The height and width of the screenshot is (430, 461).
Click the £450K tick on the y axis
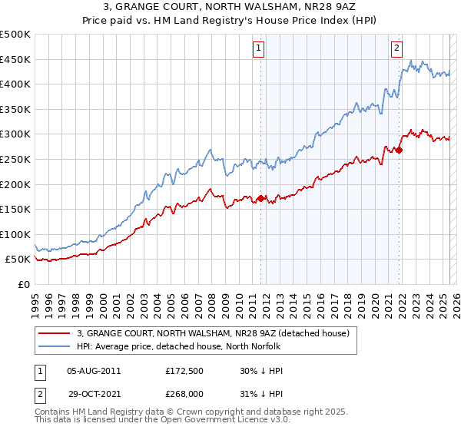15,59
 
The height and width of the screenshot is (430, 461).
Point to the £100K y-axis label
15,234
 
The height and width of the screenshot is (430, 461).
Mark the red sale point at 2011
261,199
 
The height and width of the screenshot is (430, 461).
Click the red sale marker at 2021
400,150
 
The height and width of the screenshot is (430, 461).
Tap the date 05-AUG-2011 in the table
94,371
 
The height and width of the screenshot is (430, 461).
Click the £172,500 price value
184,371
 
